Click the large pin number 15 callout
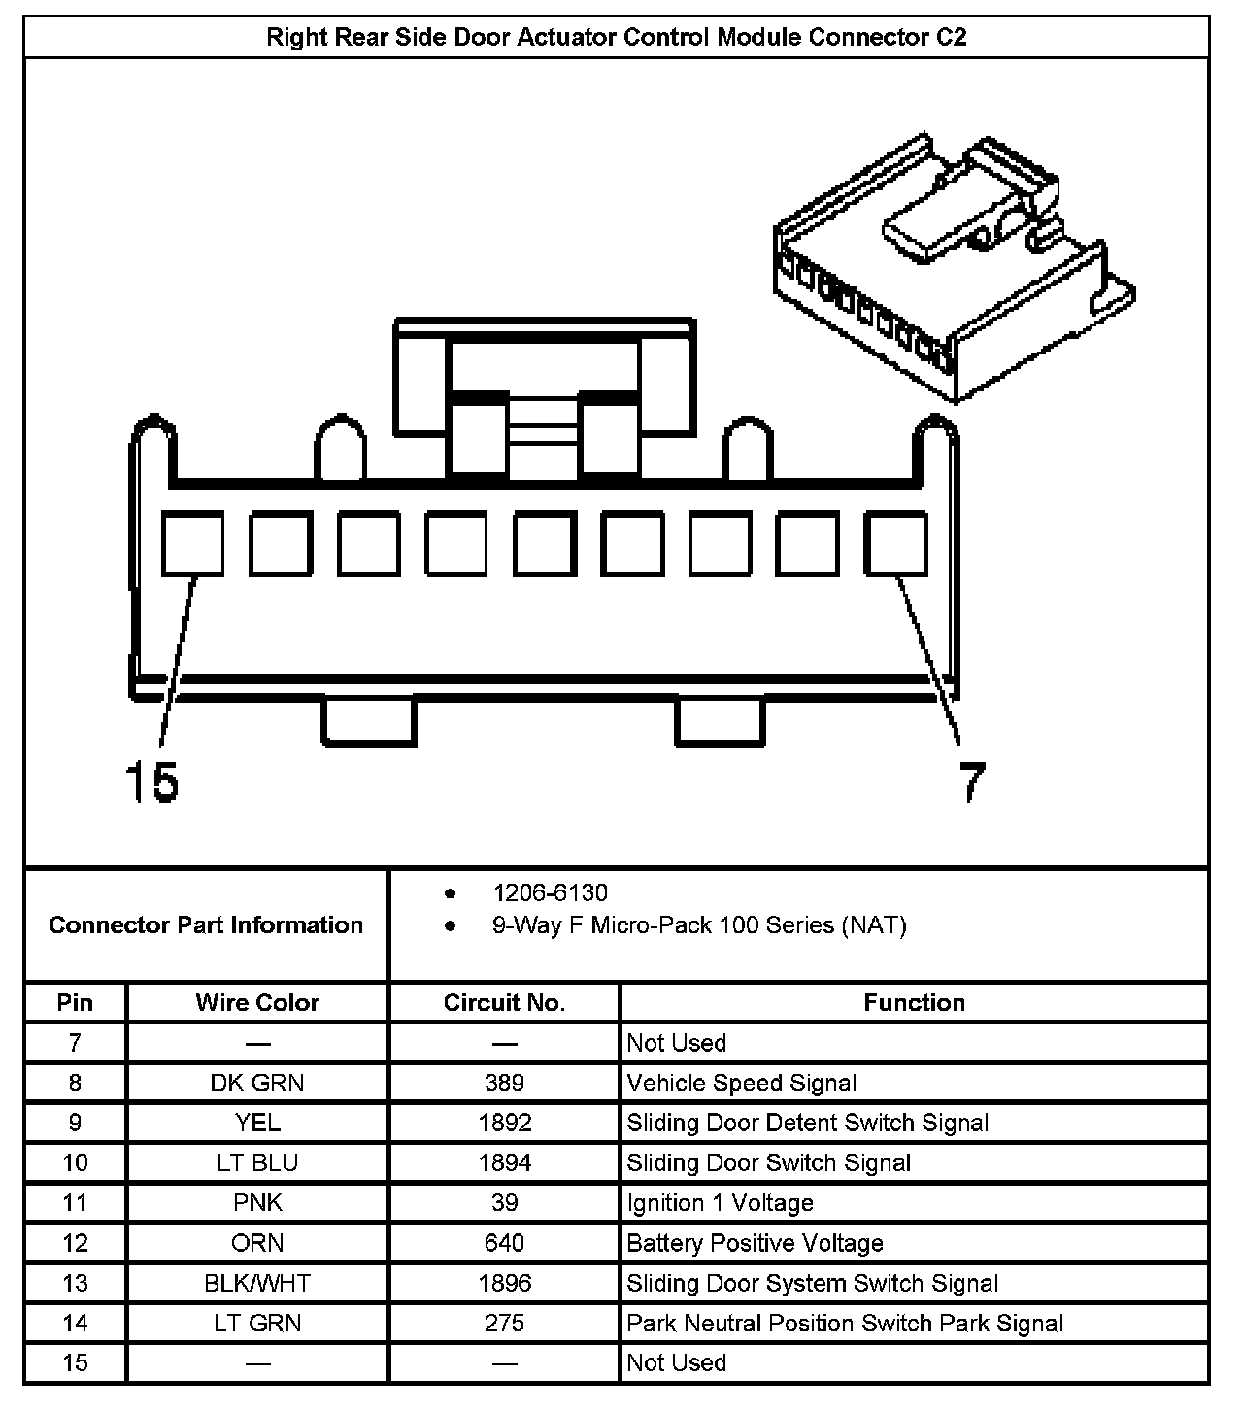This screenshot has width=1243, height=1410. point(152,782)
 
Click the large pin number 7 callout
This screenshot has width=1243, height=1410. point(971,782)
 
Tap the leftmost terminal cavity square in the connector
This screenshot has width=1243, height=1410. point(192,543)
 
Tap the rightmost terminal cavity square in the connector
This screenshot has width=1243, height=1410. point(896,543)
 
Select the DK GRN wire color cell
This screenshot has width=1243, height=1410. point(257,1083)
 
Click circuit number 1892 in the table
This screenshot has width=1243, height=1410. point(504,1123)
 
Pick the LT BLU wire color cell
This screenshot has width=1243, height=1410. point(257,1162)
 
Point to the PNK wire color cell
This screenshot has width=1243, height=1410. point(257,1203)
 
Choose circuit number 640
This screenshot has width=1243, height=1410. point(504,1243)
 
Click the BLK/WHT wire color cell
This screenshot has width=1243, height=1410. point(257,1283)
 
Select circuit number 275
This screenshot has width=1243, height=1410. point(504,1323)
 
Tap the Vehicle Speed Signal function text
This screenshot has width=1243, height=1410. point(742,1083)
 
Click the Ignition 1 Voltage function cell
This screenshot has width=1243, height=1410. point(720,1203)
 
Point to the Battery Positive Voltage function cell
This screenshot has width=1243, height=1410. point(755,1243)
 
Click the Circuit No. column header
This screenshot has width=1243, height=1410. point(504,1003)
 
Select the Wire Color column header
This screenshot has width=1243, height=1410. point(257,1003)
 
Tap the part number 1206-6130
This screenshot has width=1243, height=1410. point(550,893)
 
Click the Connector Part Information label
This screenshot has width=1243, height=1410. point(206,924)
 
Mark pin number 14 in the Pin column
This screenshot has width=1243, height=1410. point(75,1323)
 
